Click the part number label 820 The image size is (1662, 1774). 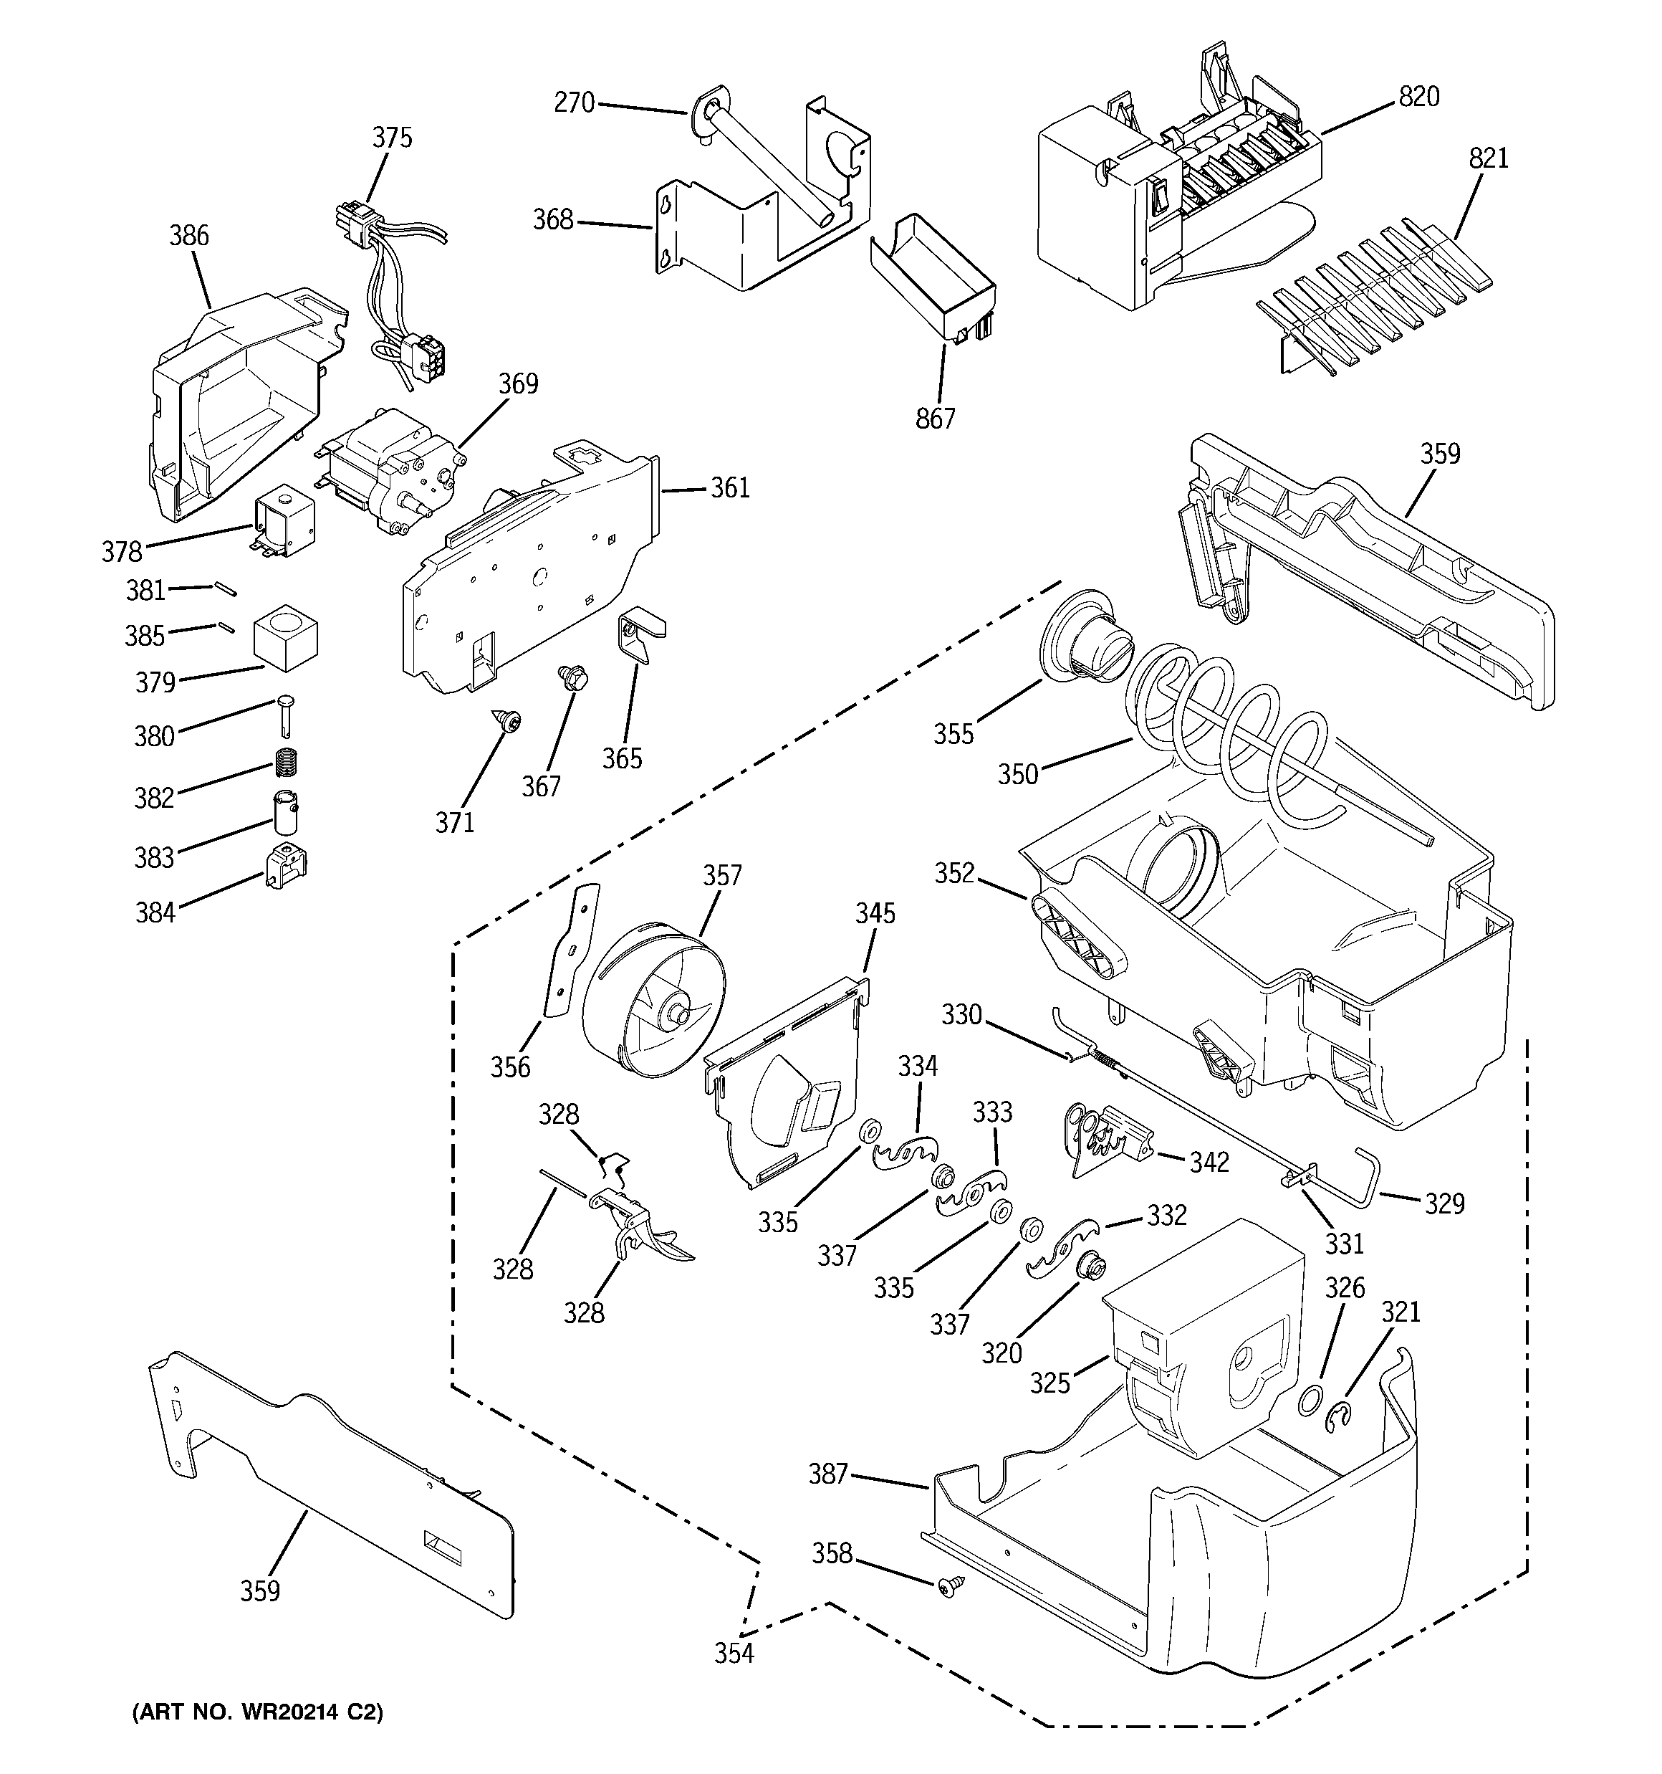[1418, 96]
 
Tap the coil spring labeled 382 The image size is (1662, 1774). [285, 762]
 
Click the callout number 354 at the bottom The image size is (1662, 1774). [734, 1654]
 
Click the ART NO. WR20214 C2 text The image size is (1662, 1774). [257, 1712]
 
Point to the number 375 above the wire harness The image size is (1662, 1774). [392, 138]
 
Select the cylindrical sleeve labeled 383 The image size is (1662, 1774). [284, 811]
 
